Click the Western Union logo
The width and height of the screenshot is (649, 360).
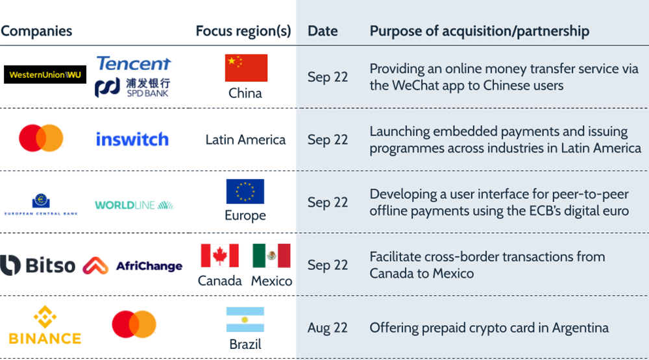(x=45, y=75)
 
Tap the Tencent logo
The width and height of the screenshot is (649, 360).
(x=133, y=64)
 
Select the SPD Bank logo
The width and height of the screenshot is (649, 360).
(x=132, y=88)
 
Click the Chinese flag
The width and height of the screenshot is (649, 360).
(x=246, y=68)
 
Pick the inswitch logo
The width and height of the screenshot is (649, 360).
(x=132, y=139)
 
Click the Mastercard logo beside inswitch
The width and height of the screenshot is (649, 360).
(x=41, y=138)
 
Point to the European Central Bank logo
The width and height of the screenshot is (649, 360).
(x=41, y=204)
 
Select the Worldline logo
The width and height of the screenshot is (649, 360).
(x=134, y=205)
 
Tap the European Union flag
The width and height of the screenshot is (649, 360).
(x=245, y=191)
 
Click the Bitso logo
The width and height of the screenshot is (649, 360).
(x=38, y=265)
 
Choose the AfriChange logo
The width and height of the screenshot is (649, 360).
(x=132, y=266)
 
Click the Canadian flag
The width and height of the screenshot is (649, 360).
(x=220, y=256)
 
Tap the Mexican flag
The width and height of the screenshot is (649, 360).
(x=271, y=256)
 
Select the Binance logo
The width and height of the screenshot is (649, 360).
(x=45, y=325)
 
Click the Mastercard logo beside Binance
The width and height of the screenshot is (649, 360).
(x=134, y=324)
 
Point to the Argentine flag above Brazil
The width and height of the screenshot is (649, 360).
(x=245, y=319)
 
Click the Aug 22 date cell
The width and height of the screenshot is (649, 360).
(x=327, y=328)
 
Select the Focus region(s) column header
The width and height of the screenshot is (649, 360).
(x=243, y=31)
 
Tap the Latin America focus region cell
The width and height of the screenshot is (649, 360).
(x=245, y=140)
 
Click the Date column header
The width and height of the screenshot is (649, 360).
(x=323, y=31)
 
